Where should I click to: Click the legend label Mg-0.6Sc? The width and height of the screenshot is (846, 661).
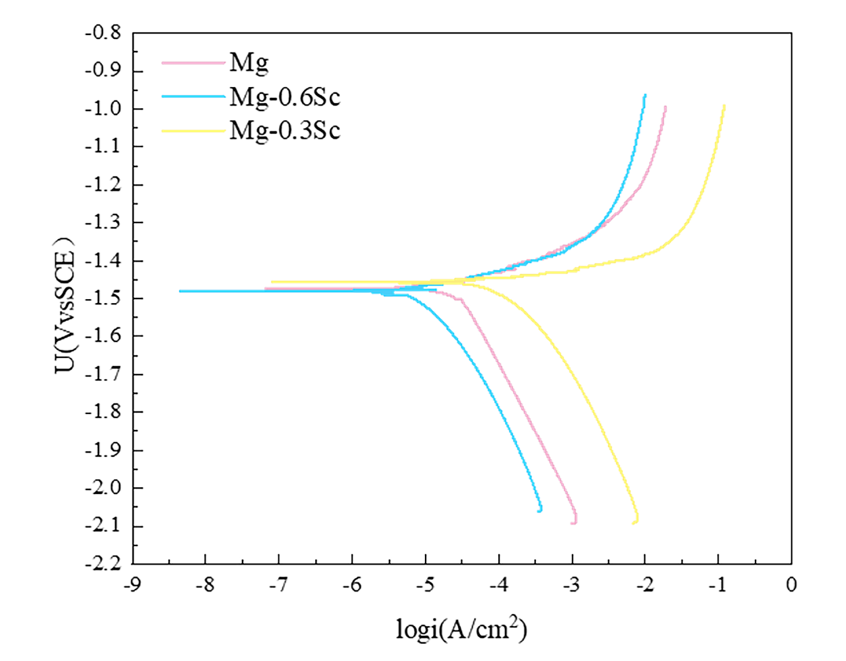coord(284,97)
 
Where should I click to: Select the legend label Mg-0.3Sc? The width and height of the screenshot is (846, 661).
coord(284,130)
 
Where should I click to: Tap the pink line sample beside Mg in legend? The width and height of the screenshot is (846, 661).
coord(194,63)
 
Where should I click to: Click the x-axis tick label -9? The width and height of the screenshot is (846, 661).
coord(132,584)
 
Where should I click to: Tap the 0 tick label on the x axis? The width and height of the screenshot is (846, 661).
coord(791,584)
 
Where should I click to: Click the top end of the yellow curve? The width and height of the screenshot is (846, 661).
coord(724,106)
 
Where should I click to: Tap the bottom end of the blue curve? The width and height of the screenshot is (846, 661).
coord(540,510)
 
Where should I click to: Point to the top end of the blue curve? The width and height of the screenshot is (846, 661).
coord(645,95)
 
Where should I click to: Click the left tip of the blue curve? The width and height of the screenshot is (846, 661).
coord(180,291)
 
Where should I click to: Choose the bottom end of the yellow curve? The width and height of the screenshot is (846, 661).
coord(634,522)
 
